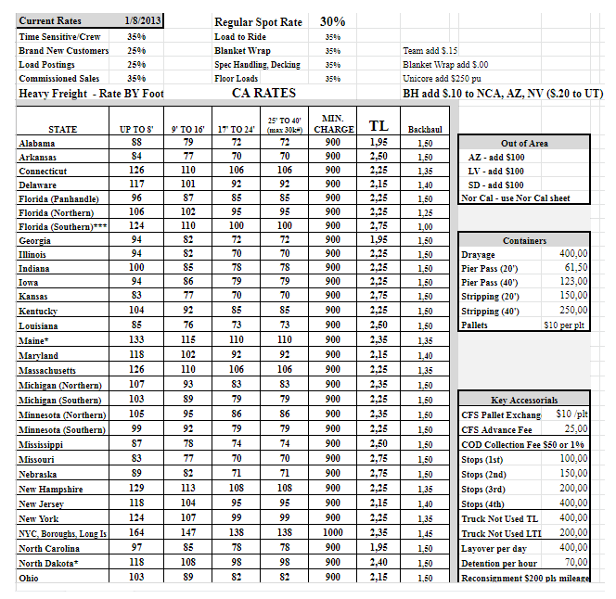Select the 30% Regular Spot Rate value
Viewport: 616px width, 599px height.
[332, 20]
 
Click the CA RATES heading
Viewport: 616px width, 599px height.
[264, 93]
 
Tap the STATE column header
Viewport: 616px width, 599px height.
[62, 130]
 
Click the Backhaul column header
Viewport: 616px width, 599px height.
[424, 130]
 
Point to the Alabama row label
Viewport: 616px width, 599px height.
[37, 144]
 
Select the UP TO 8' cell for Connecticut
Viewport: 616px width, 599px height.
[136, 171]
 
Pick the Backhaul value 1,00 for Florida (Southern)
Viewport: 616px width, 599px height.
[424, 226]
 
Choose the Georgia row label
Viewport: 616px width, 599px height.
[35, 240]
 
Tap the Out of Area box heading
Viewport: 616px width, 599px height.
[524, 144]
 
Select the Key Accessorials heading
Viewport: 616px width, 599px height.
[524, 400]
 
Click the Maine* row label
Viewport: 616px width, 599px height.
[34, 340]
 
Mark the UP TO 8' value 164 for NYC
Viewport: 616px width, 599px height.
[136, 533]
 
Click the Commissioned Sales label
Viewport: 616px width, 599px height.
[59, 79]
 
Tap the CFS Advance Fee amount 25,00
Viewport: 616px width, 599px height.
[575, 428]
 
